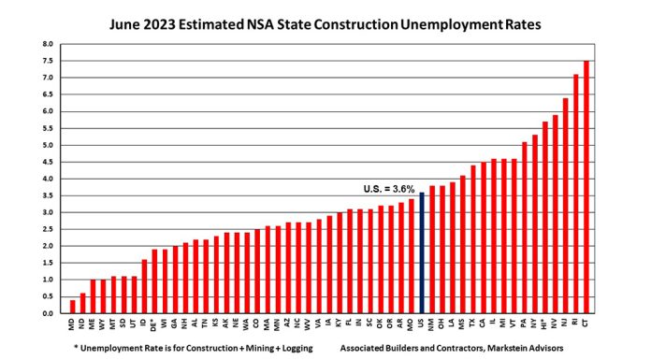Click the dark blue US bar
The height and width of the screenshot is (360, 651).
pyautogui.click(x=422, y=252)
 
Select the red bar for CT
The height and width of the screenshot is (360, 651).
pyautogui.click(x=586, y=187)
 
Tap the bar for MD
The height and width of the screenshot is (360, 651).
pyautogui.click(x=73, y=306)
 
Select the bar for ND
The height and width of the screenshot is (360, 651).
pyautogui.click(x=83, y=303)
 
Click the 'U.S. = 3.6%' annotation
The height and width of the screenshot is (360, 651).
pyautogui.click(x=388, y=188)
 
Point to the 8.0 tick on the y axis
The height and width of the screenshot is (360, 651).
pyautogui.click(x=49, y=44)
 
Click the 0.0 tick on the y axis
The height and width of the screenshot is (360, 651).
pyautogui.click(x=49, y=313)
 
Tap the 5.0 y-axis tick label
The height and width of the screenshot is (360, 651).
pyautogui.click(x=49, y=145)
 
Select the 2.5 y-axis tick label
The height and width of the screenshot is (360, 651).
pyautogui.click(x=49, y=229)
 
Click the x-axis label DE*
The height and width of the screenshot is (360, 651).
pyautogui.click(x=154, y=324)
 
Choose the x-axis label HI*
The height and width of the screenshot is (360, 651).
pyautogui.click(x=545, y=324)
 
